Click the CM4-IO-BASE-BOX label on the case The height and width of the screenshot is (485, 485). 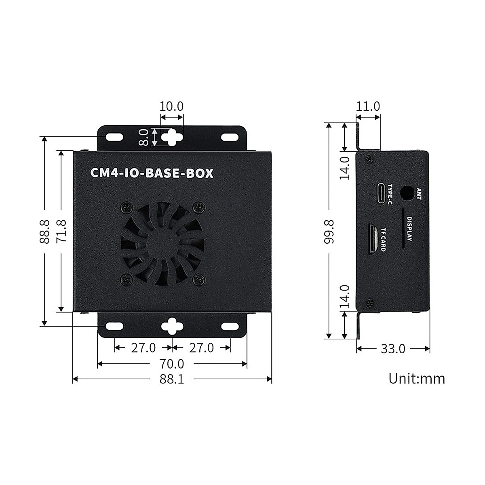[x=152, y=173]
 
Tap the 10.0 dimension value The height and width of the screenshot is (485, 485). [x=171, y=106]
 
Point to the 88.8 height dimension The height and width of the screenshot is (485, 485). [x=44, y=231]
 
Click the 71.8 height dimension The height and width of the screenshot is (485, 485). [x=61, y=231]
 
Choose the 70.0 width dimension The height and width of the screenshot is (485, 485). [x=171, y=364]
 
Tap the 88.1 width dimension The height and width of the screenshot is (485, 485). [x=171, y=379]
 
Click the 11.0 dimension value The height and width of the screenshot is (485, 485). [x=368, y=106]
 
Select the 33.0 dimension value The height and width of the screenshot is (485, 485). [x=393, y=348]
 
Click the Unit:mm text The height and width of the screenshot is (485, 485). [x=417, y=379]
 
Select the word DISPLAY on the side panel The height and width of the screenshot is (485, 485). [x=409, y=229]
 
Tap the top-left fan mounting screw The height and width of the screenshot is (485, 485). [x=126, y=208]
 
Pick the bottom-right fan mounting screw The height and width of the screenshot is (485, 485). [x=198, y=278]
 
